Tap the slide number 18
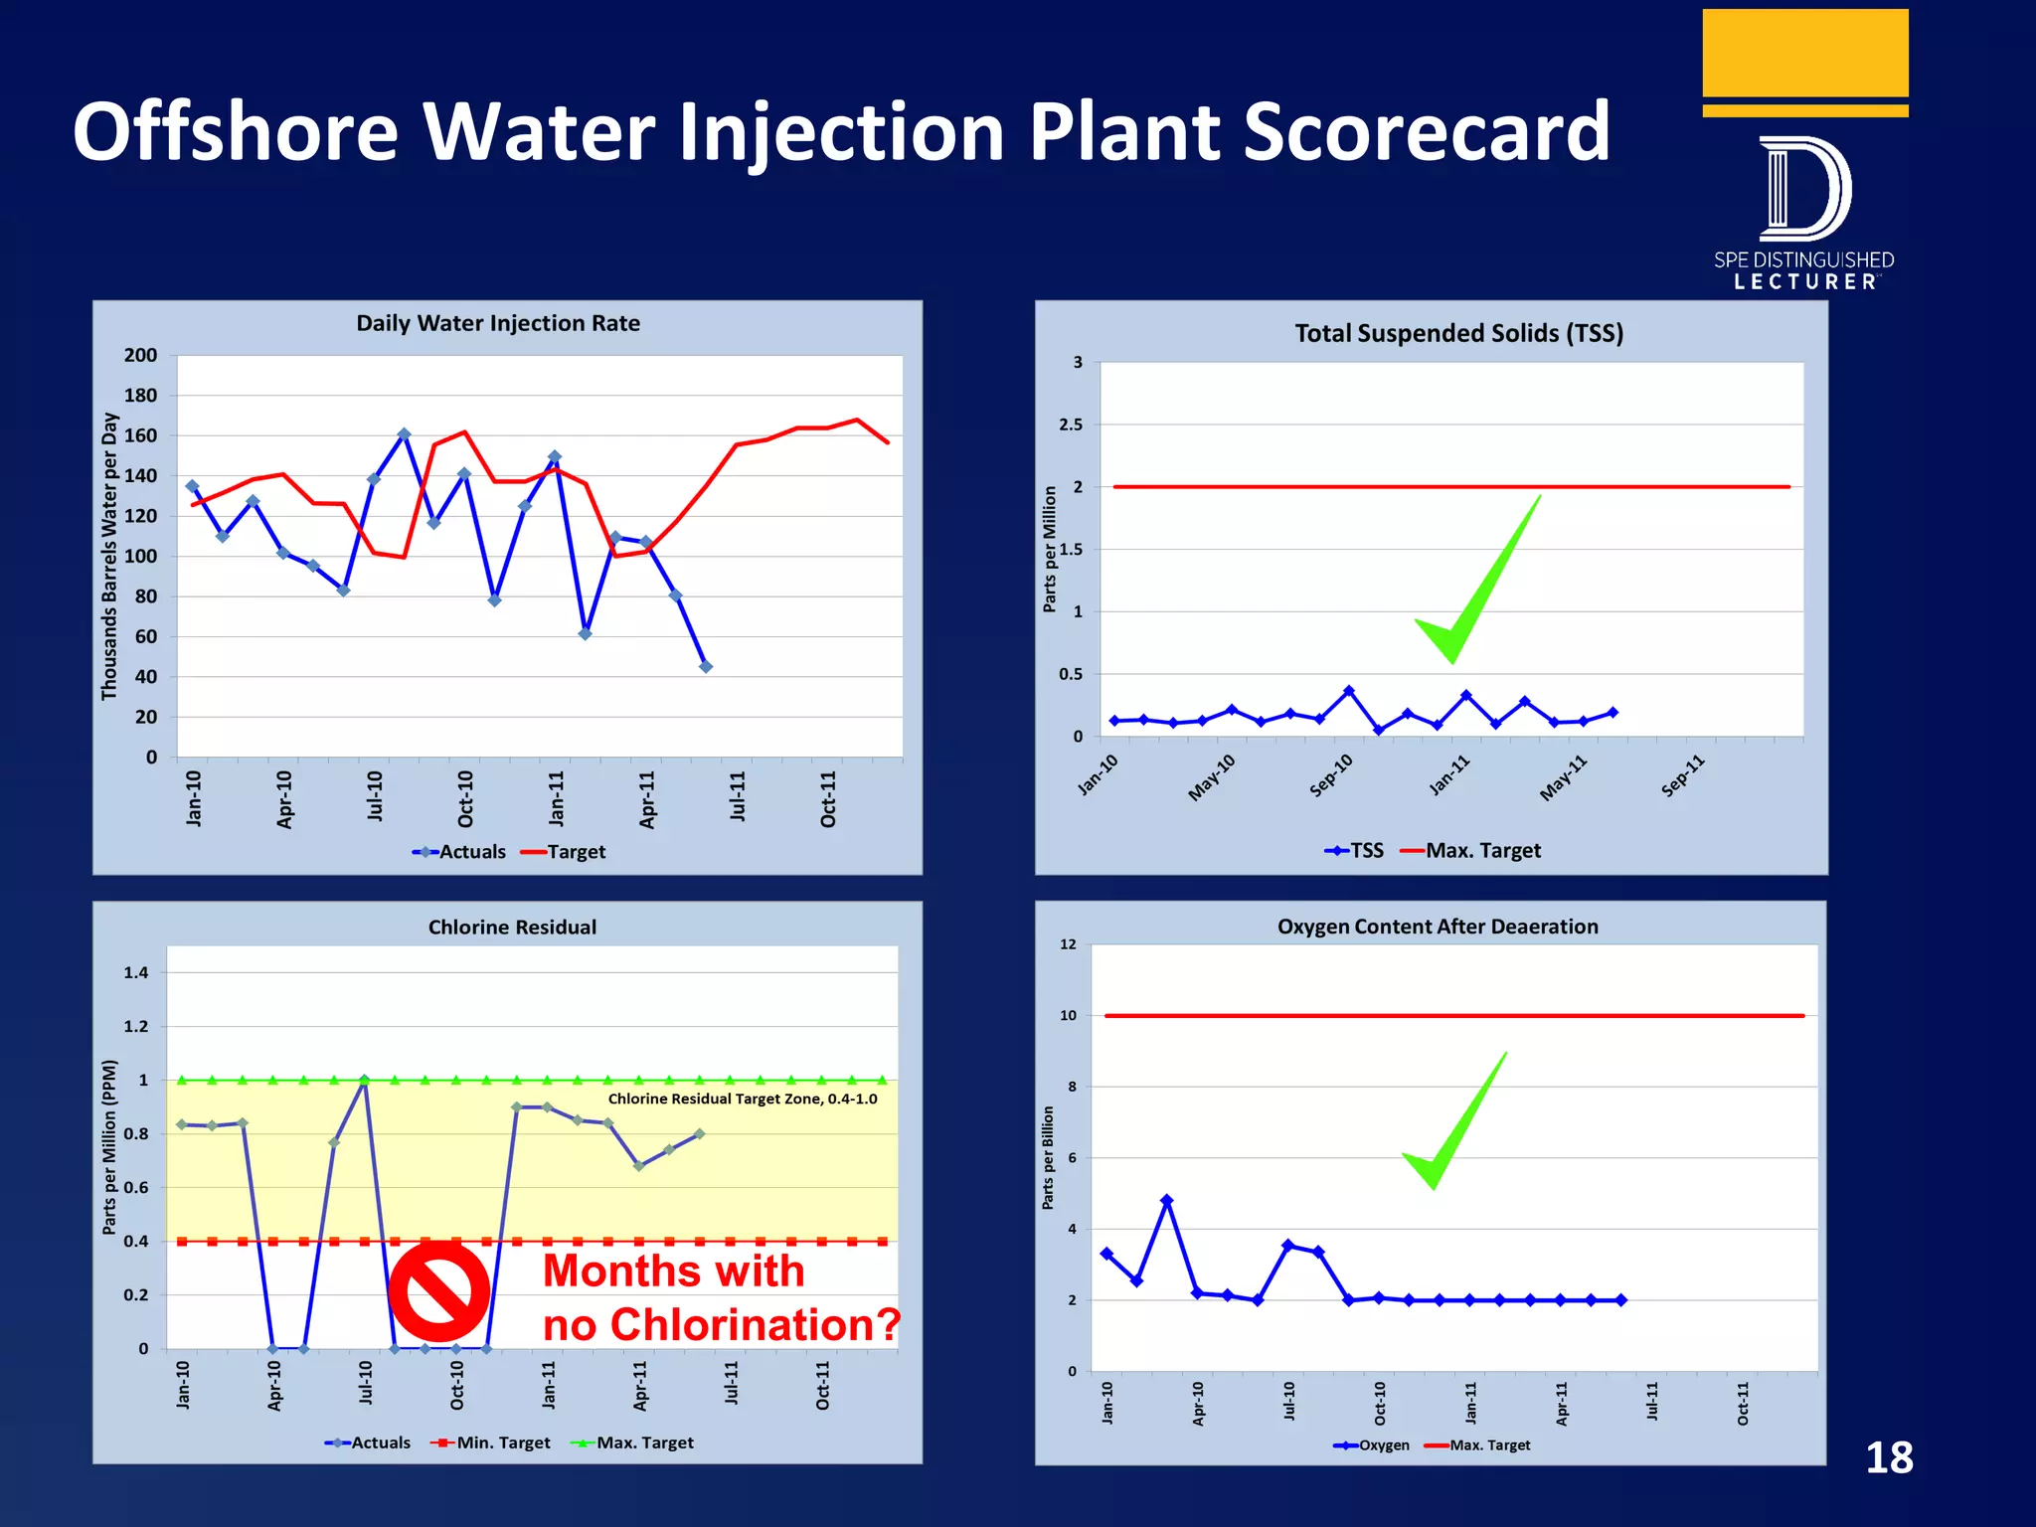pyautogui.click(x=1889, y=1458)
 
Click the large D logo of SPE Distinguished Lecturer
pyautogui.click(x=1803, y=189)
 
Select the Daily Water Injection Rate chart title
pyautogui.click(x=498, y=323)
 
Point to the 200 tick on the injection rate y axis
pyautogui.click(x=140, y=355)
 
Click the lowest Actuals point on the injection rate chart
pyautogui.click(x=706, y=667)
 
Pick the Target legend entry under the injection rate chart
pyautogui.click(x=564, y=852)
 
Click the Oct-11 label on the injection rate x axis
pyautogui.click(x=828, y=798)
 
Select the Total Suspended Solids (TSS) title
pyautogui.click(x=1458, y=333)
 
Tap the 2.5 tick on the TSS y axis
pyautogui.click(x=1071, y=424)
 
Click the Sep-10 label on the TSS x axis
pyautogui.click(x=1331, y=775)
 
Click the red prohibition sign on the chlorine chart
pyautogui.click(x=438, y=1290)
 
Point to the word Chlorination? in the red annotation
pyautogui.click(x=755, y=1325)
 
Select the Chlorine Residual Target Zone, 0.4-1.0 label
pyautogui.click(x=743, y=1099)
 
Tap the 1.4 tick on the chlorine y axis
pyautogui.click(x=136, y=972)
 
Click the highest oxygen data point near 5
pyautogui.click(x=1167, y=1201)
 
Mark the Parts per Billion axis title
pyautogui.click(x=1048, y=1158)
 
